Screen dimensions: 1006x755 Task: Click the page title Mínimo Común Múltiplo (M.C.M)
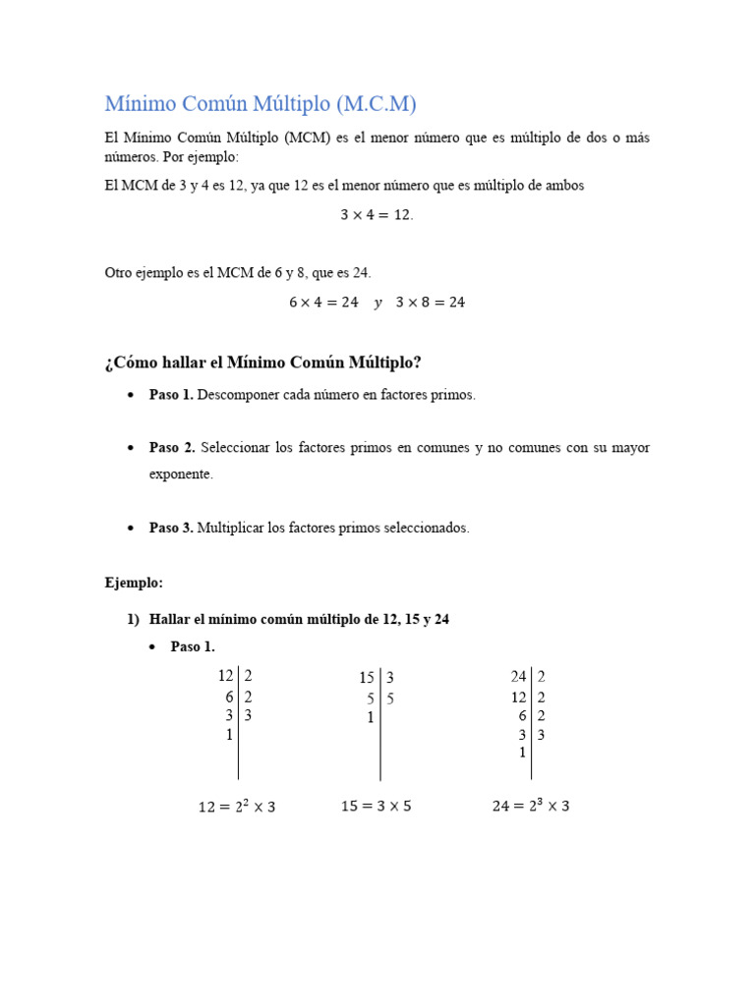click(261, 103)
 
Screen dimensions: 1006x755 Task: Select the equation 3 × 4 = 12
click(377, 215)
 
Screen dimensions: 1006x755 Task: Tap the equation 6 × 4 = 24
click(323, 303)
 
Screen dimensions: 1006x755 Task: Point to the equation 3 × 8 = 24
click(431, 303)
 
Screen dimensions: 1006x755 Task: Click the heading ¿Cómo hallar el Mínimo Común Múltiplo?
click(263, 363)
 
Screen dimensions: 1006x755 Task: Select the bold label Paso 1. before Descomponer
click(171, 394)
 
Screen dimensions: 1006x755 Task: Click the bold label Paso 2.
click(171, 447)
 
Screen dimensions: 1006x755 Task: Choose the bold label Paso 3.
click(171, 528)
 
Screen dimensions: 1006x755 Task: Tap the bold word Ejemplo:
click(134, 583)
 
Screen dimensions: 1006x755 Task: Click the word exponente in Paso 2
click(181, 474)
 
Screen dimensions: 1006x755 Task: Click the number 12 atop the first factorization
click(225, 676)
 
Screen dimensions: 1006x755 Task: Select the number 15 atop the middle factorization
click(367, 678)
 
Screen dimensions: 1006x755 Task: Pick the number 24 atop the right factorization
click(518, 676)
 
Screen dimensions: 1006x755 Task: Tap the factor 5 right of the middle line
click(390, 699)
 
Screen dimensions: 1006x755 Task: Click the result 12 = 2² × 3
click(237, 807)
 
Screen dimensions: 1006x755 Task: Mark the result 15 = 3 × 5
click(376, 806)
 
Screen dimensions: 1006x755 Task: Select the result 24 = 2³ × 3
click(531, 806)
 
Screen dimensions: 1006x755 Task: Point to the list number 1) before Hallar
click(133, 620)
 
